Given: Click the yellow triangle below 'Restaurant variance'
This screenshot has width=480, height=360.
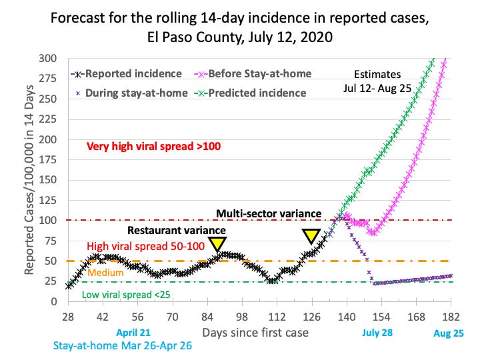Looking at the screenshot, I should (217, 243).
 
